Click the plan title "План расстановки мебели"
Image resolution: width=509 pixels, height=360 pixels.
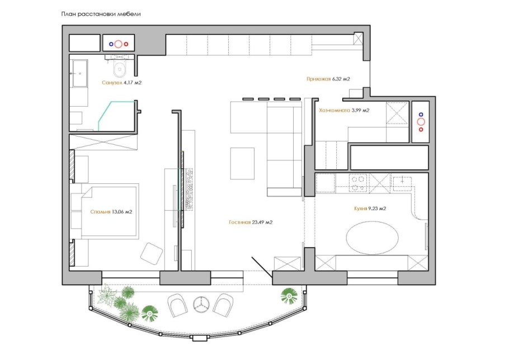(x=101, y=14)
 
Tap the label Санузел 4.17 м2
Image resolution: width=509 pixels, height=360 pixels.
(x=122, y=83)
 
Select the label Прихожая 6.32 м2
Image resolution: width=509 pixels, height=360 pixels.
(x=328, y=79)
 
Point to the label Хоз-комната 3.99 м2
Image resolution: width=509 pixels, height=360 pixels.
(x=344, y=110)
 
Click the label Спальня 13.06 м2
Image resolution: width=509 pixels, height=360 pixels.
(x=111, y=212)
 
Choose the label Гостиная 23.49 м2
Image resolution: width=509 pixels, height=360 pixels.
(x=251, y=222)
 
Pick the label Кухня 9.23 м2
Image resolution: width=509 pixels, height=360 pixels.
(x=370, y=209)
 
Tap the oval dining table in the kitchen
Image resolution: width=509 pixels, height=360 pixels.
(x=372, y=238)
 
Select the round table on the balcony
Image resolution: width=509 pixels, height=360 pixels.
(x=201, y=304)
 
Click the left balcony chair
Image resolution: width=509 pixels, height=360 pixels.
(x=177, y=305)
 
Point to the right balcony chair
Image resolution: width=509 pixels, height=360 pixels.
(x=223, y=305)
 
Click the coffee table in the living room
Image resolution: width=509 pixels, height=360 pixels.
(x=242, y=163)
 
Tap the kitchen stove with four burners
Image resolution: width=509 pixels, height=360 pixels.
(x=358, y=183)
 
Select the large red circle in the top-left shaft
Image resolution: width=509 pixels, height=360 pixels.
(x=119, y=44)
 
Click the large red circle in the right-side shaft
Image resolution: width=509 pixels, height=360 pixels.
(x=421, y=122)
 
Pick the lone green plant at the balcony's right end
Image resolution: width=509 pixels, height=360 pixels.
(x=289, y=296)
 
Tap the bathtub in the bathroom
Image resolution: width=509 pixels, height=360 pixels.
(x=80, y=73)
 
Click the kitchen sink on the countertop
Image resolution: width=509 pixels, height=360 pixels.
(x=403, y=183)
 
